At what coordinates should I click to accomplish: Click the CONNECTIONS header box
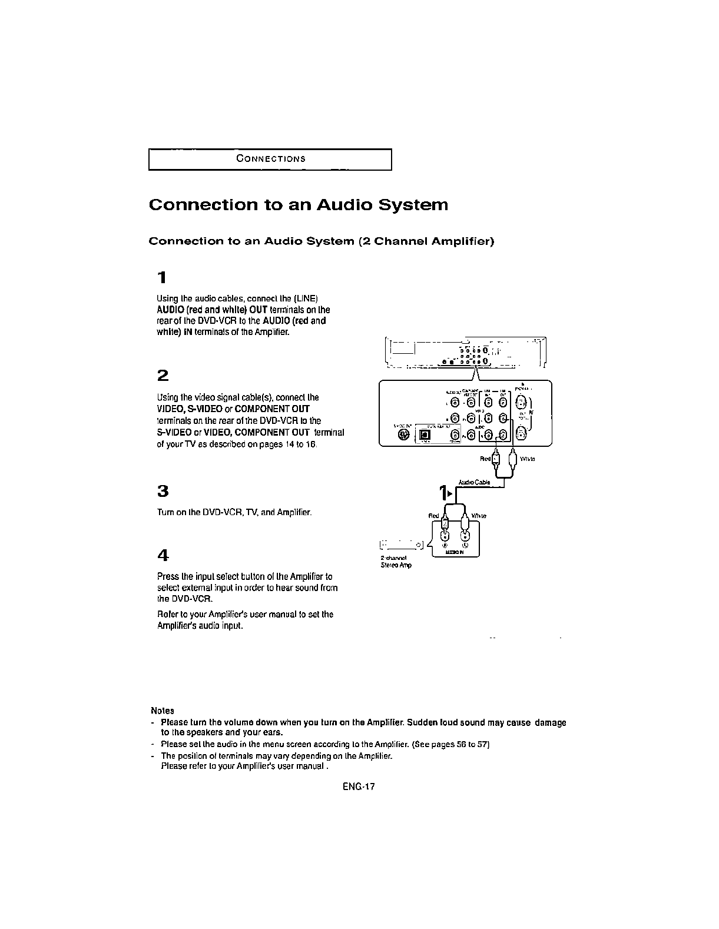pos(270,159)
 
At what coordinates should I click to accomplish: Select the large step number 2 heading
pos(163,376)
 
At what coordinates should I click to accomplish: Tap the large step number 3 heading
pos(163,491)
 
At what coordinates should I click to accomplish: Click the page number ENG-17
pos(359,787)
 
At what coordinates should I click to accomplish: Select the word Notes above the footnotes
pos(163,711)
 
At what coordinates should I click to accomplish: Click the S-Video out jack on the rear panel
pos(403,434)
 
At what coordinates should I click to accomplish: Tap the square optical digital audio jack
pos(425,436)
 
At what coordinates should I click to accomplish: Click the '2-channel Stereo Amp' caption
pos(396,562)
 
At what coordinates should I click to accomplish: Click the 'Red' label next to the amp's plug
pos(433,516)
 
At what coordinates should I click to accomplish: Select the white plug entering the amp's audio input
pos(466,523)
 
